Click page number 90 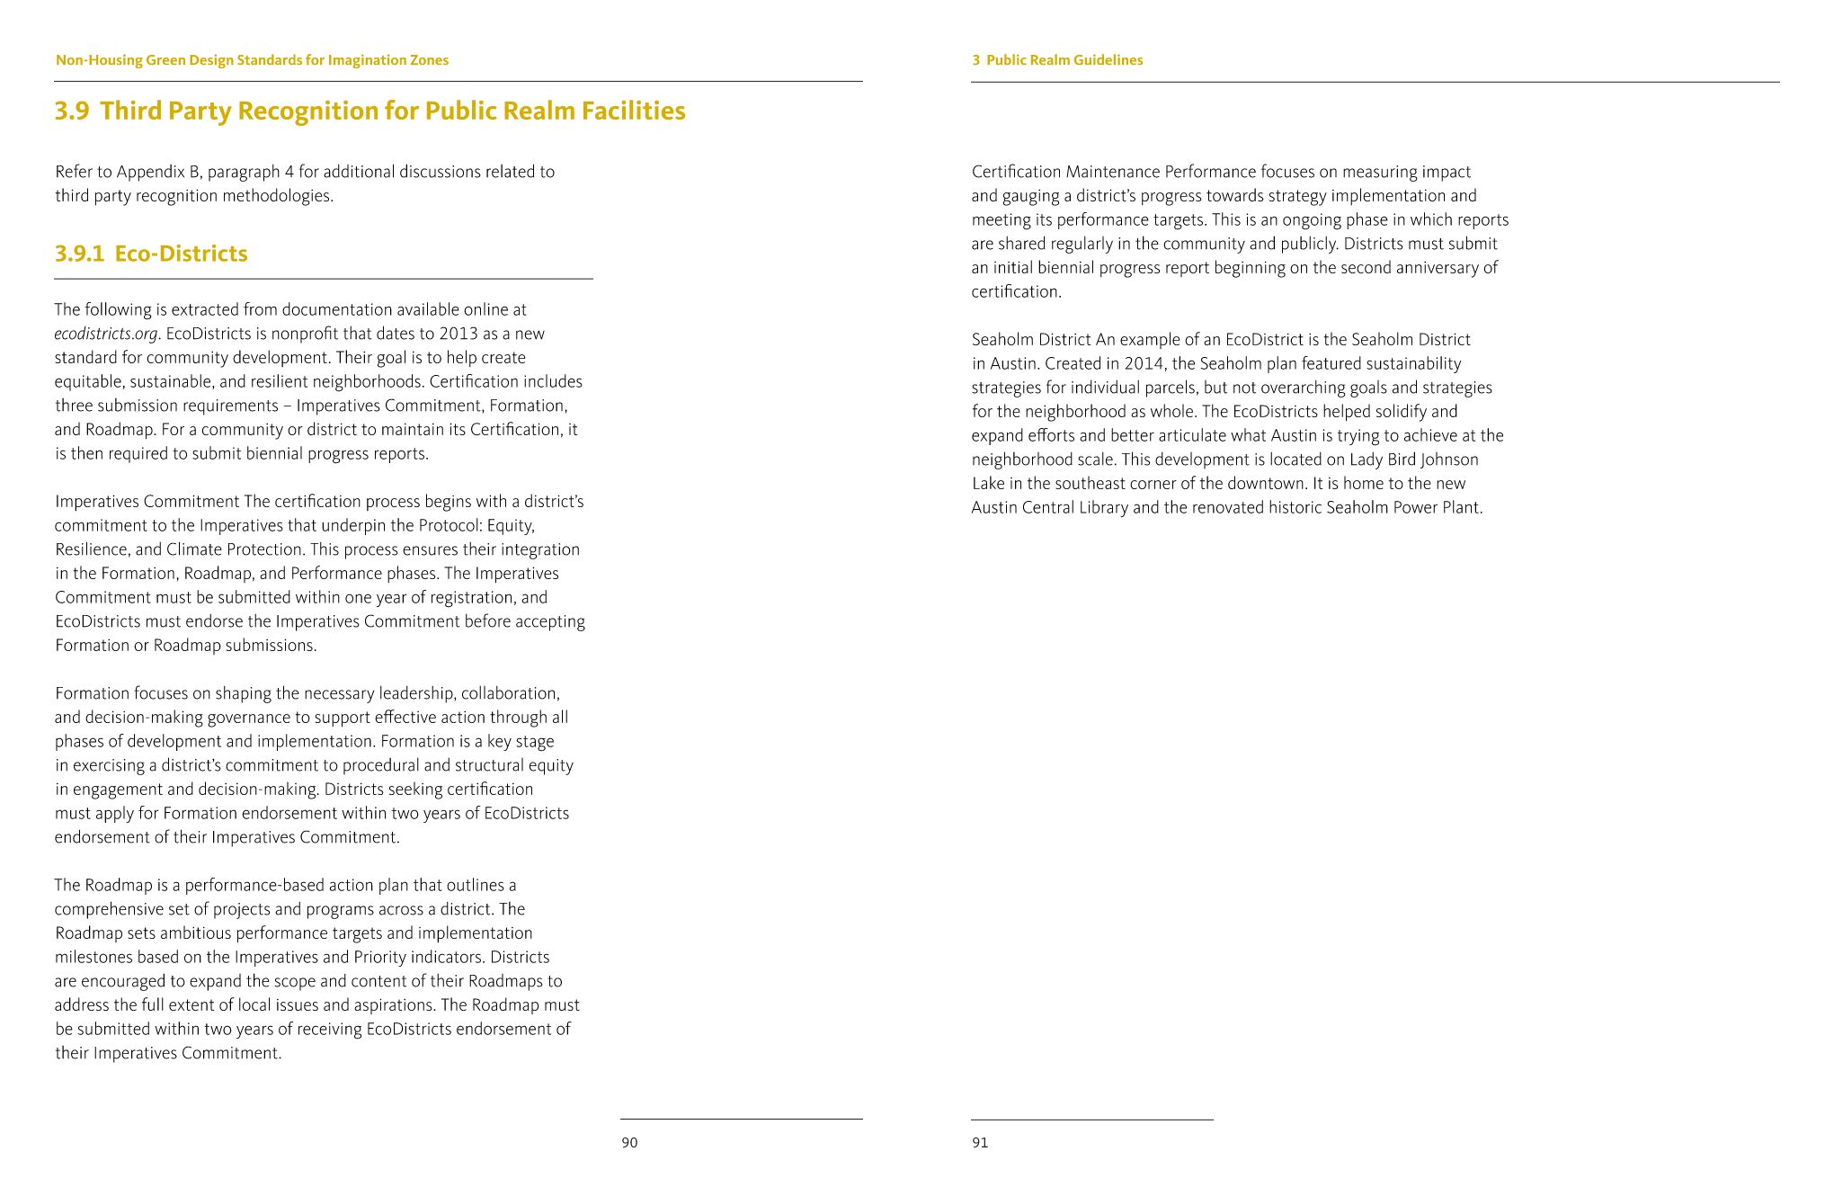(x=629, y=1142)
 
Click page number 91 (x=980, y=1142)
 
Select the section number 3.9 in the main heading (x=72, y=111)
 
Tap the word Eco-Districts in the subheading (x=181, y=254)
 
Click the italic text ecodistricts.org (x=106, y=334)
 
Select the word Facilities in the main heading (x=633, y=111)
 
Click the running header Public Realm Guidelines (x=1064, y=60)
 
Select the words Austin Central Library (x=1049, y=507)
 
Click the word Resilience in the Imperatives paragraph (x=89, y=549)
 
